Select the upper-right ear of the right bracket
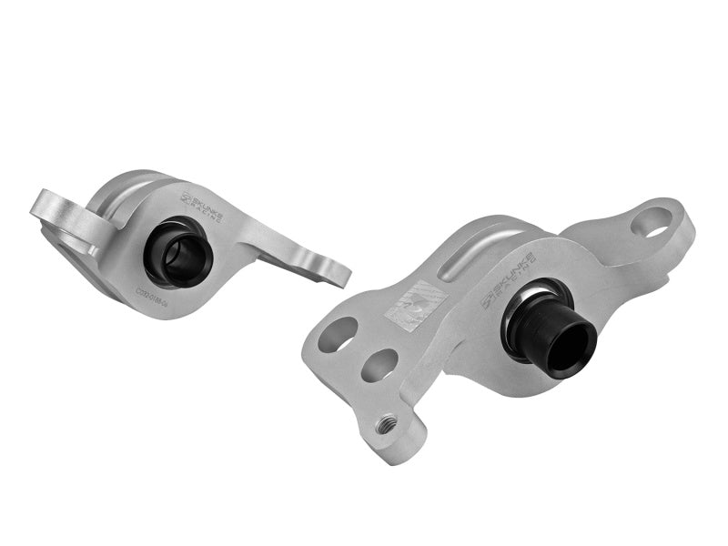[x=660, y=223]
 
